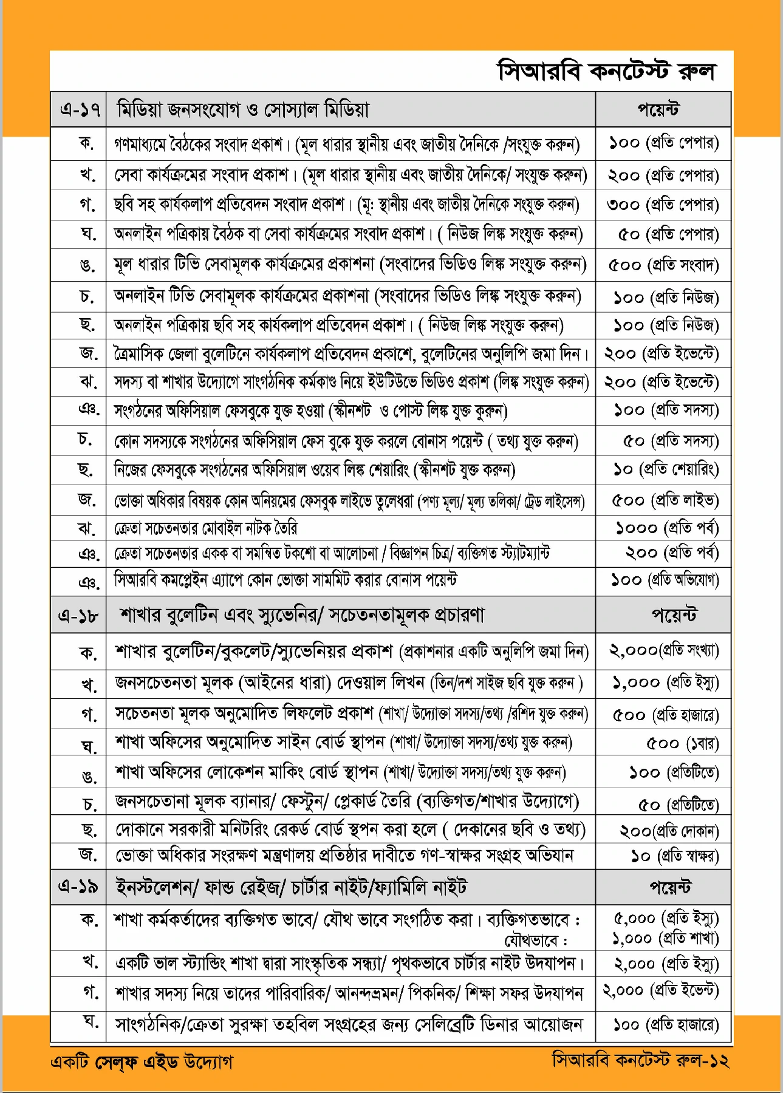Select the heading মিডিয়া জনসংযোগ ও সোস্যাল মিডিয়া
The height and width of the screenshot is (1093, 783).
243,109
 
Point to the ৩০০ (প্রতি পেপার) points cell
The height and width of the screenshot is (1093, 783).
663,205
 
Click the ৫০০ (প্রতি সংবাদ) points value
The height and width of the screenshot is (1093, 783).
663,265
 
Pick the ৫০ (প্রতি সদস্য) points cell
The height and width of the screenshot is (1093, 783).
671,440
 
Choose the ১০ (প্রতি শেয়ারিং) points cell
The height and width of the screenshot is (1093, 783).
666,469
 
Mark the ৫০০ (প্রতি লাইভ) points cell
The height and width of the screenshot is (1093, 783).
665,500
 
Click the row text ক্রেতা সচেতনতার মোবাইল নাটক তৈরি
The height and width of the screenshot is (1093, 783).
206,528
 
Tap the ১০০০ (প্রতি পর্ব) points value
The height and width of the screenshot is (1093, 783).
667,528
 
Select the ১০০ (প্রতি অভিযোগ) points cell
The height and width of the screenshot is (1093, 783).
665,581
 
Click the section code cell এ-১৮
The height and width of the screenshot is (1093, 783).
78,615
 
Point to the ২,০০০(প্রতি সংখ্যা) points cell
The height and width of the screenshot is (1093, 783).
663,651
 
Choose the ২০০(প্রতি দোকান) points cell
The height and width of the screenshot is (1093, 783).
669,830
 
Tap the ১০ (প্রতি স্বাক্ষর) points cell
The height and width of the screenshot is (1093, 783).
675,856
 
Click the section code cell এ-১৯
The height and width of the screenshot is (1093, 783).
78,887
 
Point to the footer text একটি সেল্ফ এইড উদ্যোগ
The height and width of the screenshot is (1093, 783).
142,1061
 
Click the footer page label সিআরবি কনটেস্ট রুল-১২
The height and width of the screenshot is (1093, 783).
640,1060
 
